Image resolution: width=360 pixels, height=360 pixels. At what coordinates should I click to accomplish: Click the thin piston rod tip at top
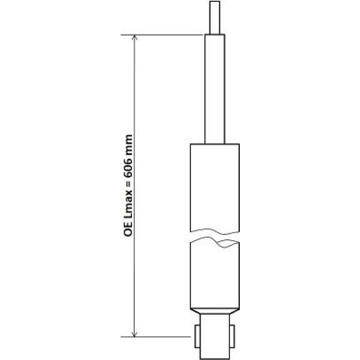215,17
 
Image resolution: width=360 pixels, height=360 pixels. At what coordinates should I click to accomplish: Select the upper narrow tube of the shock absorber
215,89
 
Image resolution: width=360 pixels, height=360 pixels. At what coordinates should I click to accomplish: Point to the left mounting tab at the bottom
197,336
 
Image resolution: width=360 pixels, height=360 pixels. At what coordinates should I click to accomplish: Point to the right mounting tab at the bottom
232,336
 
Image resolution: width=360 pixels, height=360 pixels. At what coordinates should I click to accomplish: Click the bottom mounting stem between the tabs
215,336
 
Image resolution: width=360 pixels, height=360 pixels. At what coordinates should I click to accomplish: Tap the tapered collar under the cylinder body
215,311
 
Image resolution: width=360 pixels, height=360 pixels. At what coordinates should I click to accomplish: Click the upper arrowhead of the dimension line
135,38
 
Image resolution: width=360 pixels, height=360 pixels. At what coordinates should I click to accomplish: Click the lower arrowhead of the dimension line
135,334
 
